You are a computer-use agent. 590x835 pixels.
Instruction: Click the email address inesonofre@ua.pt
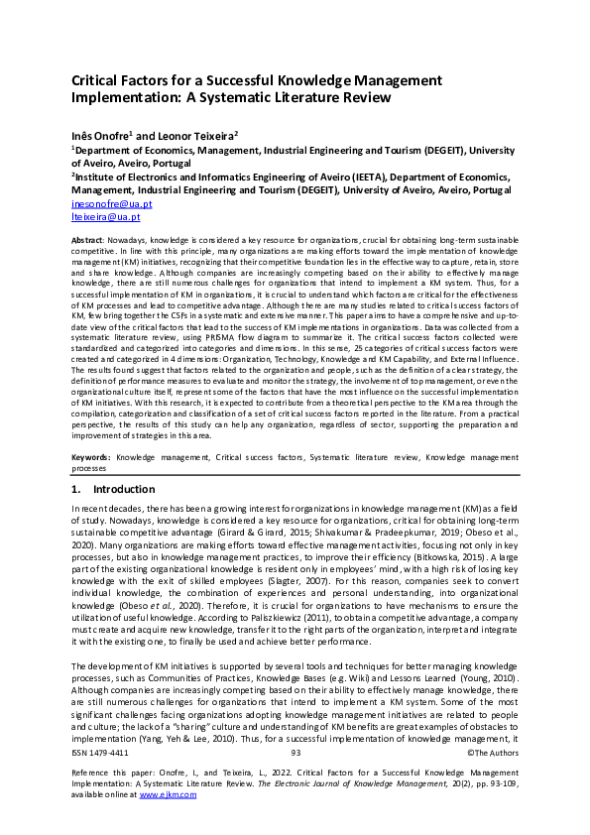[x=105, y=203]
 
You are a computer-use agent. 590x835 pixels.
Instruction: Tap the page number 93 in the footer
[x=295, y=781]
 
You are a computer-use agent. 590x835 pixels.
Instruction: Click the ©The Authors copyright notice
[x=491, y=781]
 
